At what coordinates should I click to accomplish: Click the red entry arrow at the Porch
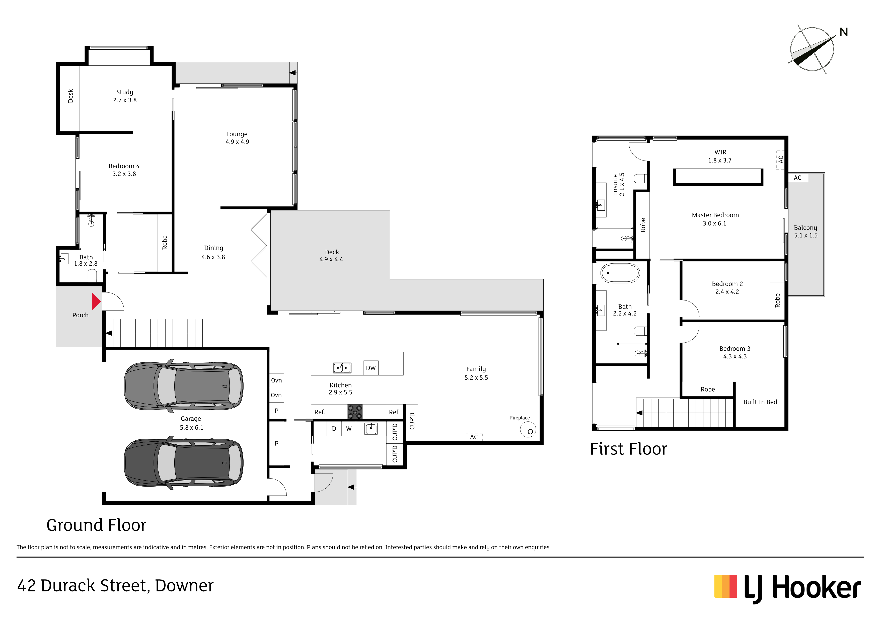(x=96, y=302)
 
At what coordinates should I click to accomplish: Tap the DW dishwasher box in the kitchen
(x=371, y=368)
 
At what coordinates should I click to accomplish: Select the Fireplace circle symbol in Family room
(x=528, y=430)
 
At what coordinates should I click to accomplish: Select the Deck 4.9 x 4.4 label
(x=332, y=256)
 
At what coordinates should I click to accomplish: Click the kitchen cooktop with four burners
(x=355, y=412)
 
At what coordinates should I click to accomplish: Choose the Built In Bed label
(x=760, y=402)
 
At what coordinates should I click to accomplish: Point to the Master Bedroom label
(x=715, y=215)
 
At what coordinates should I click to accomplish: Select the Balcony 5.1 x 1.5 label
(x=806, y=231)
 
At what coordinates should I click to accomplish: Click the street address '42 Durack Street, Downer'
(x=115, y=586)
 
